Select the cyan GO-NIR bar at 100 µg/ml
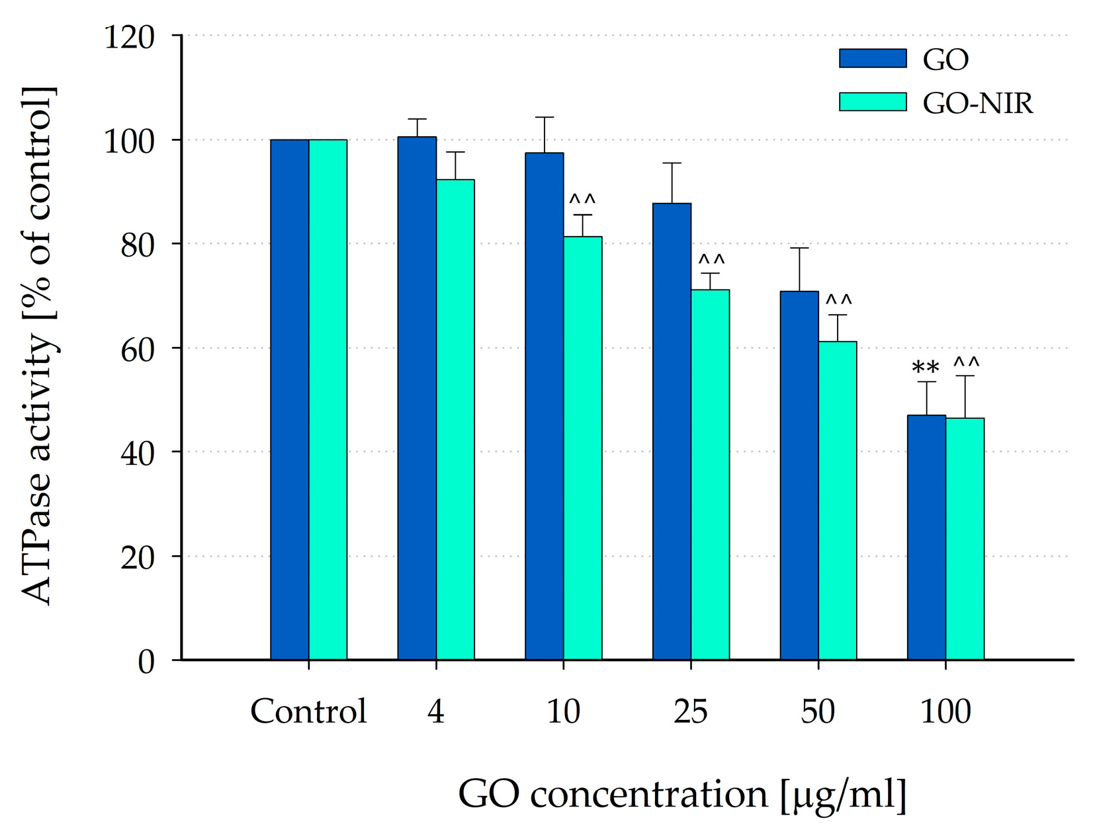(x=965, y=538)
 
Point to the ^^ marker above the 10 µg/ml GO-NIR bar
(x=582, y=199)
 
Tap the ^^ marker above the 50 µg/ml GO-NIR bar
(x=838, y=300)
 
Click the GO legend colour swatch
(x=872, y=58)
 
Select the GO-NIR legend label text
(x=977, y=103)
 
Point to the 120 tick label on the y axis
(x=130, y=37)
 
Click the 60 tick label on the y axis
(x=138, y=349)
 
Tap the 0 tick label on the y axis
(x=146, y=661)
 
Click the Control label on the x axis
(x=308, y=711)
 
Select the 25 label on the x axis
(x=691, y=711)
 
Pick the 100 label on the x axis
(x=945, y=711)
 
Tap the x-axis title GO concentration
(x=681, y=793)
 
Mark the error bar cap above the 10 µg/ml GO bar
(x=544, y=118)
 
